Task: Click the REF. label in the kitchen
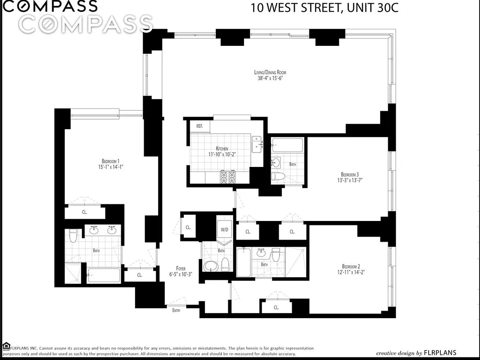[x=199, y=126]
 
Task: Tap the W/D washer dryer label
[x=224, y=229]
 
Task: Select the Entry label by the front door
[x=176, y=310]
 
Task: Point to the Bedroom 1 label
[x=110, y=161]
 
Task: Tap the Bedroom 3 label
[x=350, y=174]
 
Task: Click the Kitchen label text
[x=222, y=148]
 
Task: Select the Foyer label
[x=181, y=268]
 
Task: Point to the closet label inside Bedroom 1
[x=85, y=212]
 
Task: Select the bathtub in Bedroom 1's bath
[x=104, y=275]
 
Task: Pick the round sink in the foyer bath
[x=210, y=265]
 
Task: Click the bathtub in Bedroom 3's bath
[x=288, y=145]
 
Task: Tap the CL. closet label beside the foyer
[x=188, y=227]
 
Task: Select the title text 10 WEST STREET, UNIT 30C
[x=324, y=8]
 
